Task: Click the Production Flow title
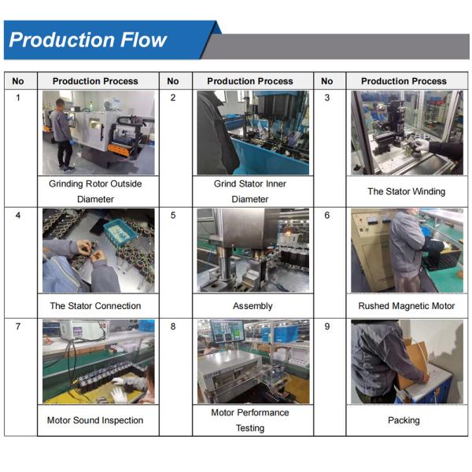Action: [x=87, y=40]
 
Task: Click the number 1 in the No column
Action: [x=18, y=98]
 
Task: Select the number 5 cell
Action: [x=173, y=216]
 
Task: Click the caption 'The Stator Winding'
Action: [x=406, y=191]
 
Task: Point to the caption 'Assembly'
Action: [x=253, y=306]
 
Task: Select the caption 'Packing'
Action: [x=404, y=420]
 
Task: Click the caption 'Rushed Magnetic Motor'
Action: [x=406, y=306]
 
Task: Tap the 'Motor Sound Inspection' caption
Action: [x=95, y=420]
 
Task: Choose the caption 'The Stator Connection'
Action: [x=95, y=306]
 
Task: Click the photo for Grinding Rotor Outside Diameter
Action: [x=98, y=132]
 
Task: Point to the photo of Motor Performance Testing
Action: [x=253, y=361]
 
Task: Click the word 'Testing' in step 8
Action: [x=250, y=429]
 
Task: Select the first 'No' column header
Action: [x=18, y=81]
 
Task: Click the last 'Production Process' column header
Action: [x=404, y=81]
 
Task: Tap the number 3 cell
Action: [x=327, y=98]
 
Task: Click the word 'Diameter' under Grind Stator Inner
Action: [x=250, y=199]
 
